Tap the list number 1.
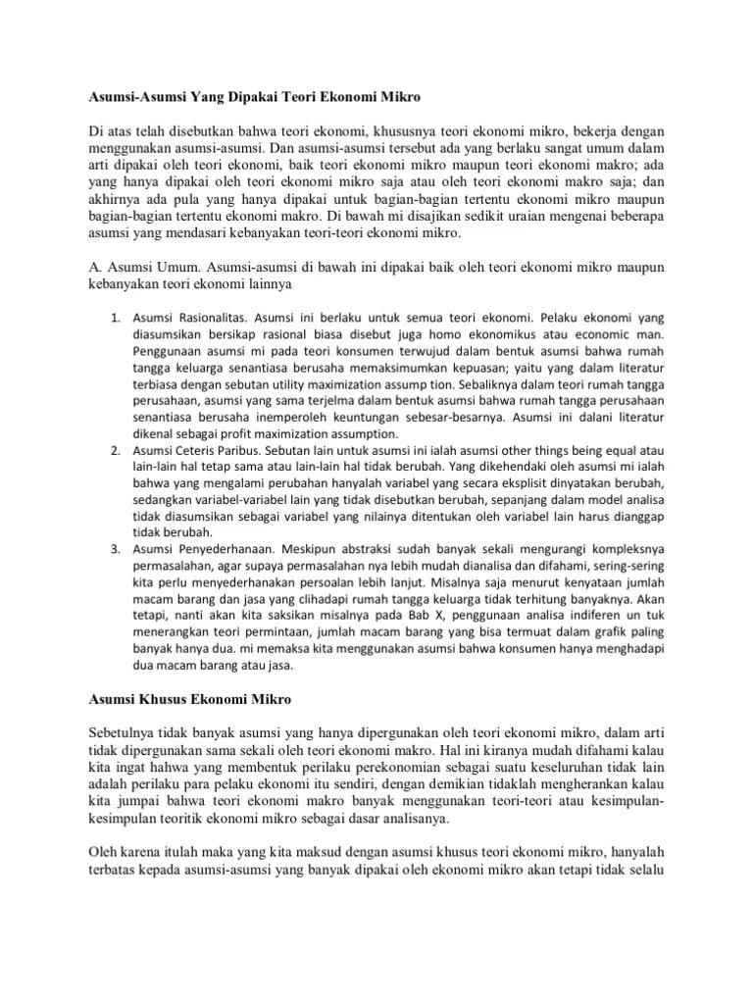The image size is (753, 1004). click(x=114, y=319)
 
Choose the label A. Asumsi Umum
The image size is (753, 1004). click(x=139, y=266)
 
